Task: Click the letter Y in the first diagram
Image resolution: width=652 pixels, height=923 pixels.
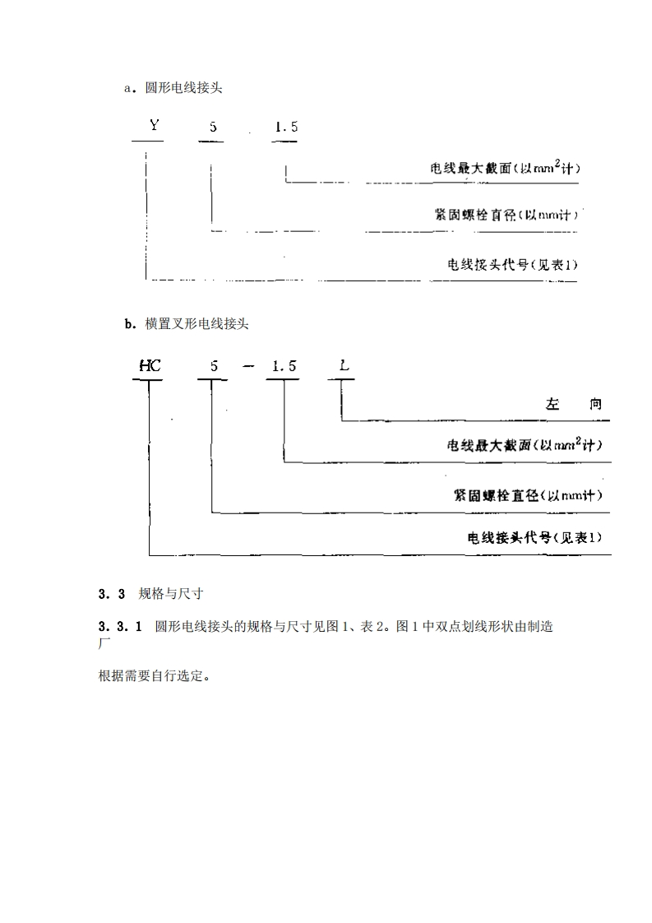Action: pyautogui.click(x=154, y=127)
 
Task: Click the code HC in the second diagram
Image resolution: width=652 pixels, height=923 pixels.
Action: pyautogui.click(x=150, y=366)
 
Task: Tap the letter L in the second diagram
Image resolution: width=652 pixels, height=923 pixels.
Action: pyautogui.click(x=344, y=366)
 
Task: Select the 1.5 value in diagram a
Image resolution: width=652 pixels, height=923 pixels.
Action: pyautogui.click(x=285, y=127)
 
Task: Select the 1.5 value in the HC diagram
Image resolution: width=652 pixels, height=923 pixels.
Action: pyautogui.click(x=284, y=366)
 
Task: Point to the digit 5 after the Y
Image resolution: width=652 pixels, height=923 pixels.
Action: pyautogui.click(x=212, y=127)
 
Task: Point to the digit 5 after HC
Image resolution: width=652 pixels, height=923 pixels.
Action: pyautogui.click(x=214, y=366)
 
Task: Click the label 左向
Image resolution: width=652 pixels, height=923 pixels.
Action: pyautogui.click(x=573, y=404)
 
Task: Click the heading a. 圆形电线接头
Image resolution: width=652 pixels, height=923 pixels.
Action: pyautogui.click(x=173, y=89)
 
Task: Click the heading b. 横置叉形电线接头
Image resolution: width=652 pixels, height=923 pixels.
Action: pyautogui.click(x=186, y=324)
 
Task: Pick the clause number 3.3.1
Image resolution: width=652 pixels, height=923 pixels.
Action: pyautogui.click(x=116, y=627)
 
